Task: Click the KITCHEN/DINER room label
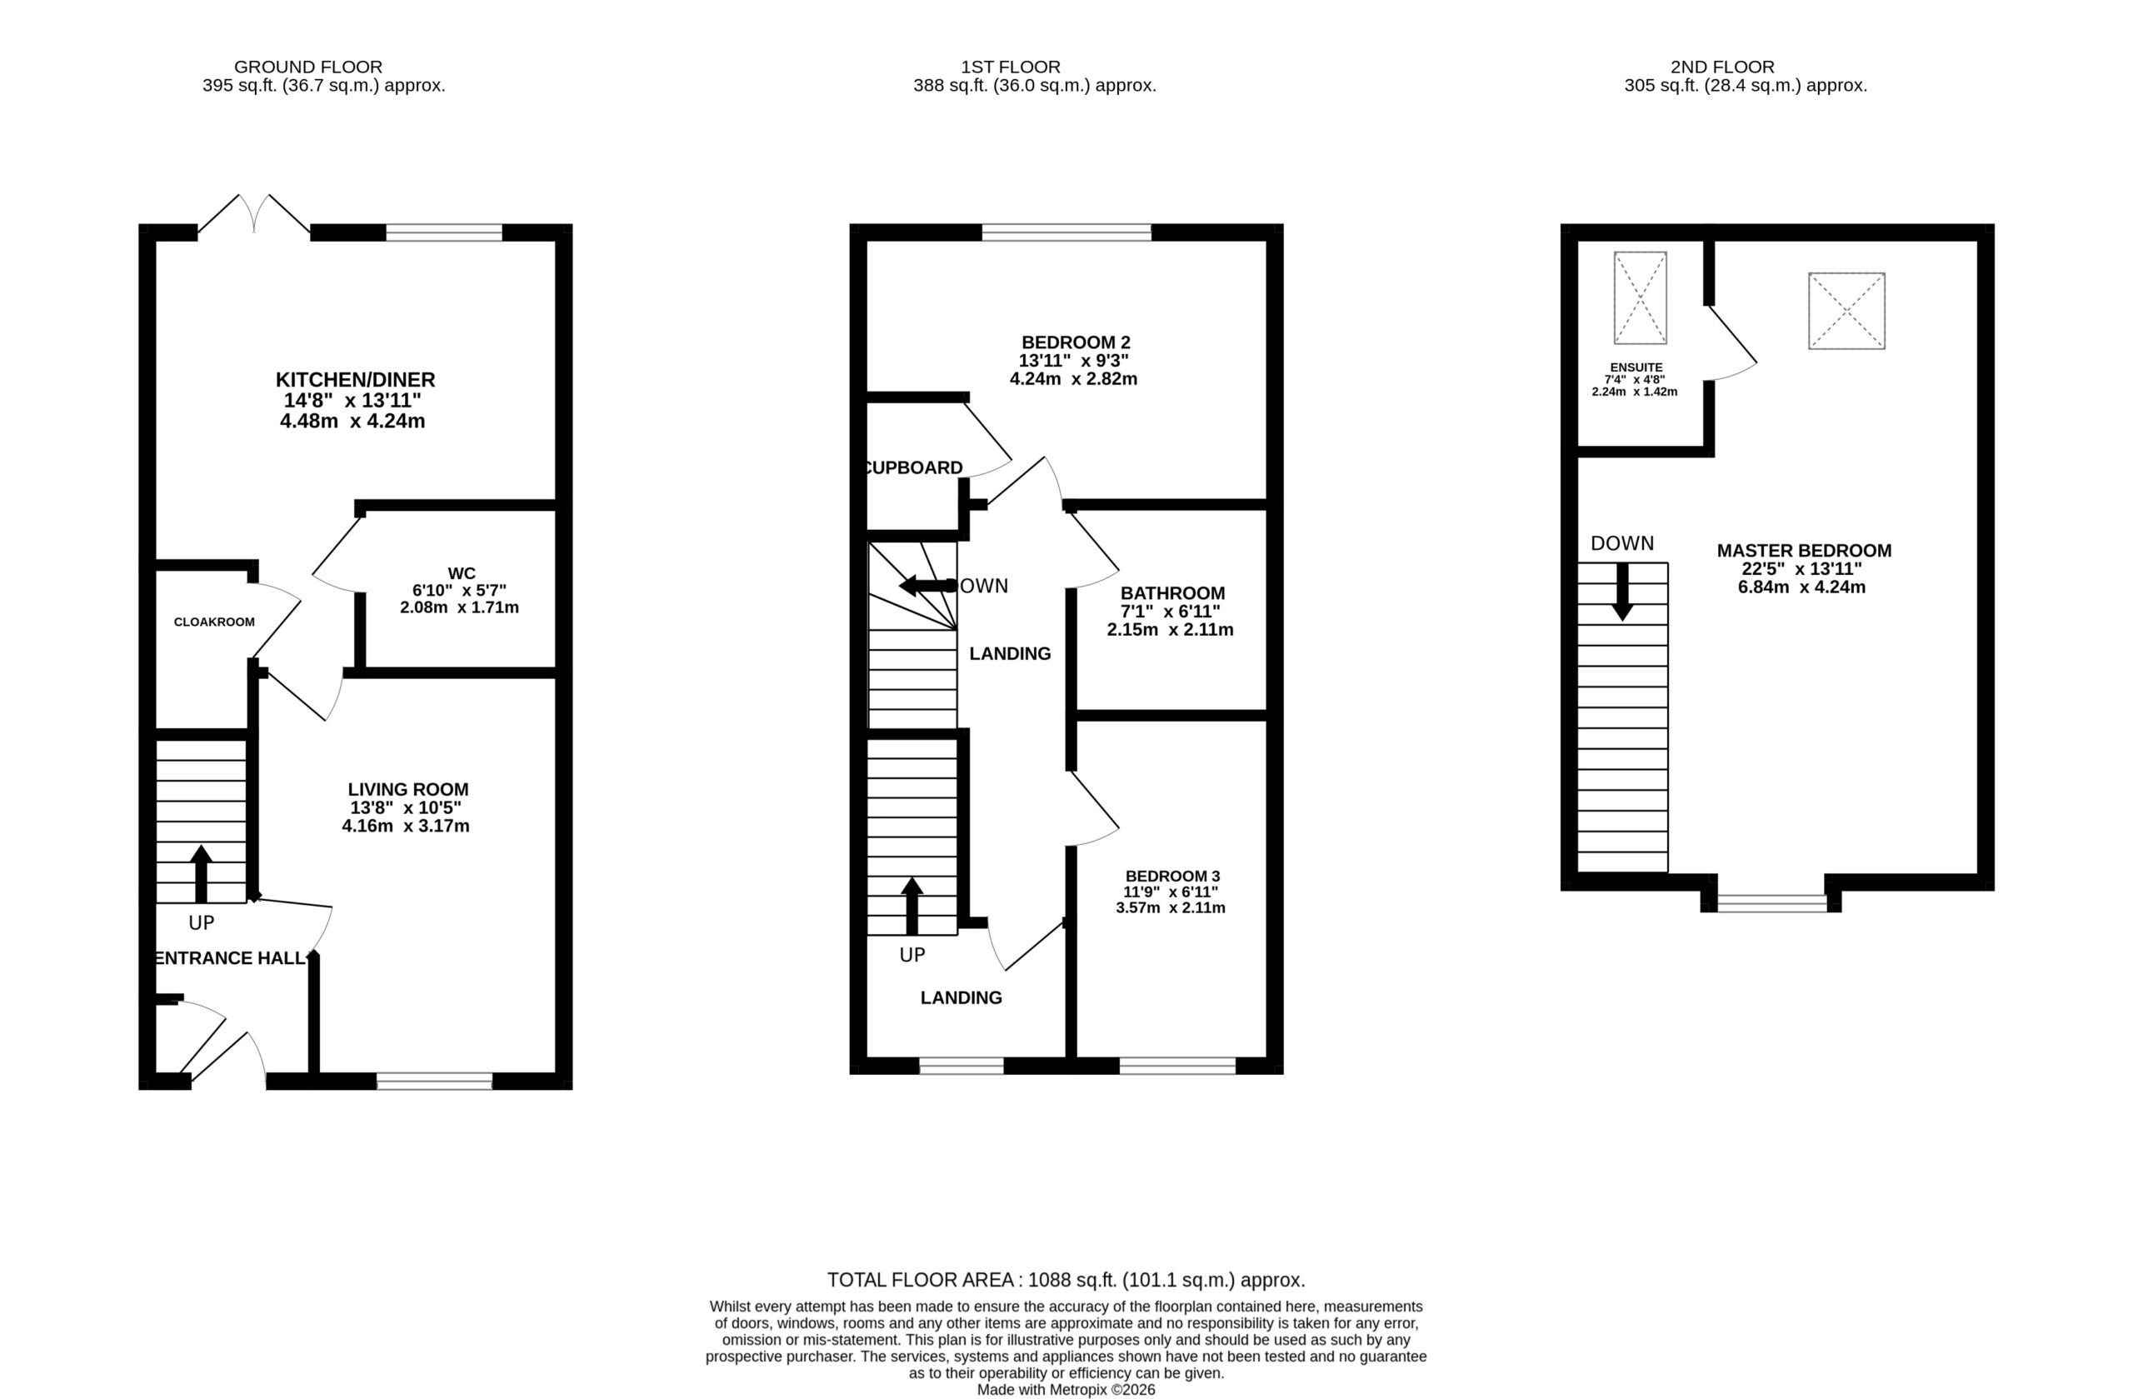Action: pyautogui.click(x=355, y=379)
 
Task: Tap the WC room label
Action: pyautogui.click(x=462, y=573)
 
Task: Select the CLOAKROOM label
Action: pyautogui.click(x=214, y=622)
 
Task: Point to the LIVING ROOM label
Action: pyautogui.click(x=407, y=790)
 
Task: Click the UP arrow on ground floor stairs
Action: pyautogui.click(x=201, y=874)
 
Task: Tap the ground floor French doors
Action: pyautogui.click(x=254, y=215)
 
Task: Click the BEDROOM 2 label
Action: pyautogui.click(x=1076, y=342)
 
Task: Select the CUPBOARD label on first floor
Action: pyautogui.click(x=912, y=467)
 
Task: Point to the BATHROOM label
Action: pyautogui.click(x=1172, y=593)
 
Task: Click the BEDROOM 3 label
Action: pyautogui.click(x=1172, y=877)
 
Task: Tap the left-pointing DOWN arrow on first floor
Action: pyautogui.click(x=927, y=586)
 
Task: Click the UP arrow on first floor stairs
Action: pyautogui.click(x=912, y=905)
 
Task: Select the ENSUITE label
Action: pyautogui.click(x=1636, y=367)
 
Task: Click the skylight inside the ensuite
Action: pyautogui.click(x=1640, y=297)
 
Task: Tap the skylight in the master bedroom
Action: pyautogui.click(x=1846, y=311)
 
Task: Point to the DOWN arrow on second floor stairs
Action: pyautogui.click(x=1622, y=592)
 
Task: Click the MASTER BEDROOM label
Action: pyautogui.click(x=1804, y=551)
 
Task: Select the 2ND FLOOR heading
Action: pyautogui.click(x=1722, y=67)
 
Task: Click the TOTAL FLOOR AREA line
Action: pyautogui.click(x=1066, y=1280)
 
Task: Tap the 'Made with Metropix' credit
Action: pyautogui.click(x=1066, y=1390)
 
